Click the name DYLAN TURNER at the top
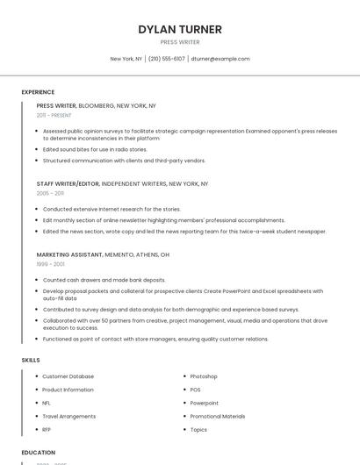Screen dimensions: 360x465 tap(180, 29)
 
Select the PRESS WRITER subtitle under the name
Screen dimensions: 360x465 tap(180, 42)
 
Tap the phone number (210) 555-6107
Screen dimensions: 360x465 tap(167, 59)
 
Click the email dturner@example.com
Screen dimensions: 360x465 tap(220, 59)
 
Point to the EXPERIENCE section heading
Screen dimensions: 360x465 tap(38, 92)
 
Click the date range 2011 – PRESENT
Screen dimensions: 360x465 tap(54, 115)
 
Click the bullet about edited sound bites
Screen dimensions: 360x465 tap(95, 149)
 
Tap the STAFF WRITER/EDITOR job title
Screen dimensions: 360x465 tap(68, 184)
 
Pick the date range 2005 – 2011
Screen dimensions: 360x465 tap(50, 193)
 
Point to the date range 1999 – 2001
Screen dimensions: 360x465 tap(50, 263)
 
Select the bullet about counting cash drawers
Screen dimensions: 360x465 tap(104, 280)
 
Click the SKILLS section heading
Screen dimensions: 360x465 tap(31, 360)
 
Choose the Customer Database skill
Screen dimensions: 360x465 tap(68, 376)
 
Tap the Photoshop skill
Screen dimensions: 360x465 tap(204, 376)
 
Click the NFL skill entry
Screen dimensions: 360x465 tap(47, 403)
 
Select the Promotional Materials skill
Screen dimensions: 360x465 tap(218, 416)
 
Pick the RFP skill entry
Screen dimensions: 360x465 tap(47, 429)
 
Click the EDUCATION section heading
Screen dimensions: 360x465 tap(38, 453)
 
